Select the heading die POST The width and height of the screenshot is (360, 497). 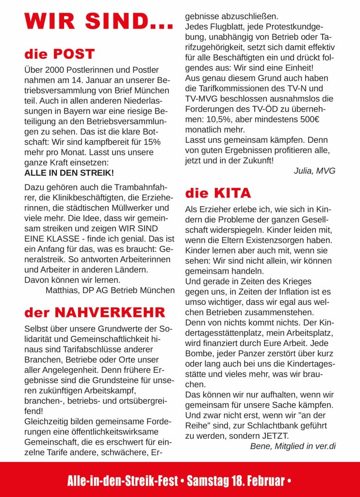(60, 54)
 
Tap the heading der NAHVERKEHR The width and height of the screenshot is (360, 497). (95, 312)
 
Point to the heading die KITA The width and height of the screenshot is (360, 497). (218, 193)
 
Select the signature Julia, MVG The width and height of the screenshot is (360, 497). (314, 171)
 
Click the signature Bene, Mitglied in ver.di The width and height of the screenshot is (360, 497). (293, 446)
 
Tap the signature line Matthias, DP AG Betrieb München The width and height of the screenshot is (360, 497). (110, 290)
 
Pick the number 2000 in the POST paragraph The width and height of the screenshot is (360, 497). (54, 70)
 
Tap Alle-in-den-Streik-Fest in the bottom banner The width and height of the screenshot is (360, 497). (122, 481)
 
